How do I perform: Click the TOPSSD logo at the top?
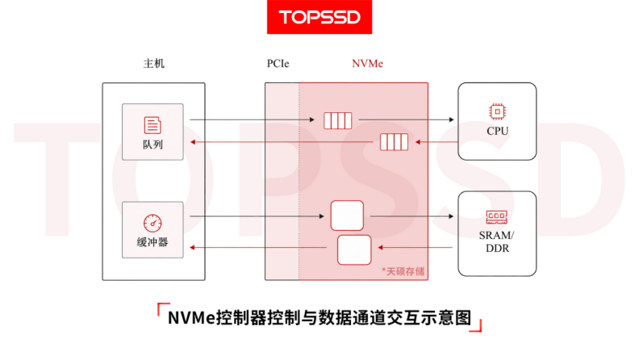[x=319, y=17]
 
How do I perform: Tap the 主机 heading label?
[x=153, y=64]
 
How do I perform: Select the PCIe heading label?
[x=278, y=64]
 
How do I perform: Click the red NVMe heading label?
[x=367, y=64]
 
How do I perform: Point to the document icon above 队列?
[x=152, y=125]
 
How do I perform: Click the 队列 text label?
[x=152, y=144]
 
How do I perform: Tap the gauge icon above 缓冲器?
[x=152, y=223]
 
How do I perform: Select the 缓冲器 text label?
[x=152, y=243]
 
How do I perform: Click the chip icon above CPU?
[x=497, y=111]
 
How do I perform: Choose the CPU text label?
[x=497, y=131]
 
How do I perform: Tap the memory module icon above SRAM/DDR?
[x=497, y=217]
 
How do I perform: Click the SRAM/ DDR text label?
[x=497, y=242]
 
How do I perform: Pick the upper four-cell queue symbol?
[x=337, y=121]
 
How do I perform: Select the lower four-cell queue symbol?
[x=394, y=142]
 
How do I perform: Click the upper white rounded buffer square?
[x=347, y=216]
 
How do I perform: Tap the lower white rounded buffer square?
[x=354, y=250]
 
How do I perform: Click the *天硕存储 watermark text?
[x=403, y=271]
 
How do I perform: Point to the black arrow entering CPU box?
[x=407, y=119]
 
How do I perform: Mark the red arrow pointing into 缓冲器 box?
[x=258, y=248]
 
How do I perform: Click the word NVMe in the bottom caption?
[x=191, y=318]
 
